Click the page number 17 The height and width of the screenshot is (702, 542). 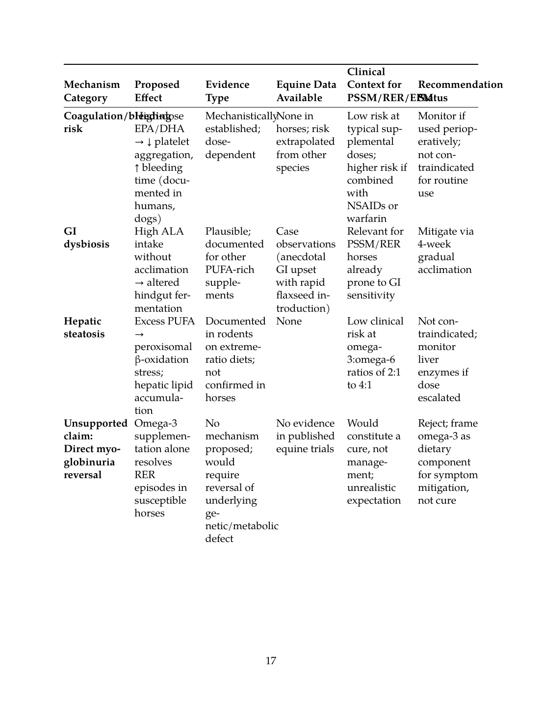(271, 661)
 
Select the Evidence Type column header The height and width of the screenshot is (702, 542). (227, 91)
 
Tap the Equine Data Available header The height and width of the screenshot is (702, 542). (306, 91)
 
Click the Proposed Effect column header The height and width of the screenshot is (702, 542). (157, 91)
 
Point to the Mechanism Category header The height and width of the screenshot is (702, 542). (92, 91)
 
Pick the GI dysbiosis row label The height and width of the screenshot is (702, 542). (86, 238)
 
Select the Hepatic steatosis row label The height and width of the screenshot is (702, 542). (84, 327)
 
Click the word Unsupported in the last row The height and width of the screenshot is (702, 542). (96, 423)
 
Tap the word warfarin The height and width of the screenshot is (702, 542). (366, 218)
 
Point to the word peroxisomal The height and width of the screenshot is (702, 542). (163, 347)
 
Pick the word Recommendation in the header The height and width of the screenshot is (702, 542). (460, 84)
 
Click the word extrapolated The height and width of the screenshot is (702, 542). (305, 141)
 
